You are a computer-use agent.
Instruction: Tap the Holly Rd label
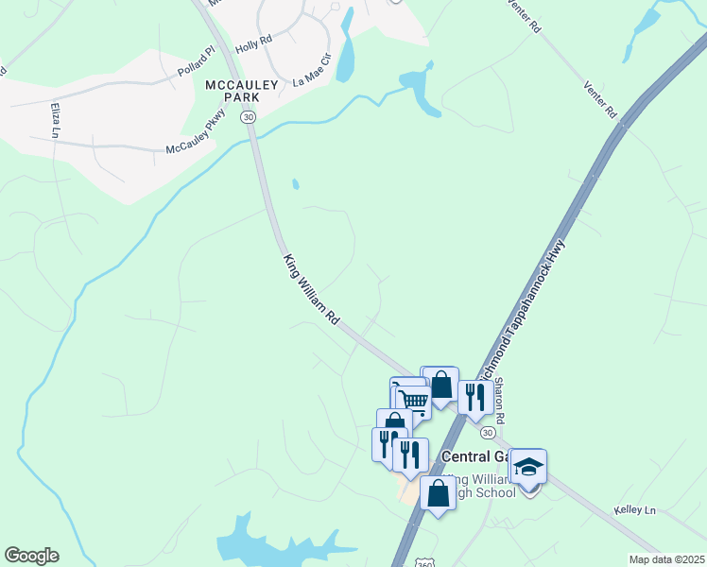(x=253, y=43)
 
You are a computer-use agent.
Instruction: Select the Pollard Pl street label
(x=196, y=64)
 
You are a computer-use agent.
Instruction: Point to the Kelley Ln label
(x=634, y=510)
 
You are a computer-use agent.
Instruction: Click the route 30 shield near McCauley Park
(x=248, y=116)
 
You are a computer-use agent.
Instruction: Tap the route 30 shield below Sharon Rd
(x=487, y=432)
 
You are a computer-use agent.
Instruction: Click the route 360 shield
(x=422, y=560)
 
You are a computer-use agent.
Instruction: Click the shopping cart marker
(x=413, y=400)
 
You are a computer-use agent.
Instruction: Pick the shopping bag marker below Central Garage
(x=438, y=492)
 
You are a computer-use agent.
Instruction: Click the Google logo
(x=31, y=556)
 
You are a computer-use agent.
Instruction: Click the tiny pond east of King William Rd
(x=296, y=184)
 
